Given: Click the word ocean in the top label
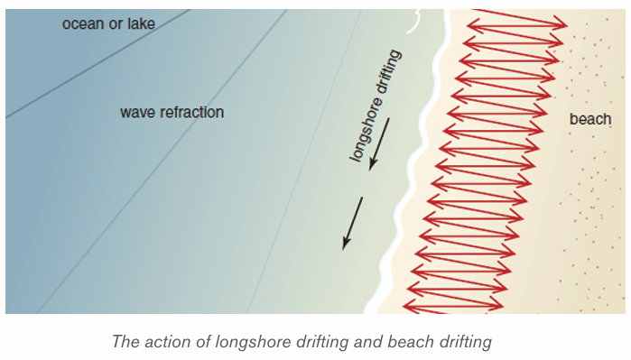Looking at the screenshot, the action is tap(82, 24).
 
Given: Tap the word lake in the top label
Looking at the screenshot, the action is tap(141, 23).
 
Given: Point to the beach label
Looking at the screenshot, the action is tap(590, 119).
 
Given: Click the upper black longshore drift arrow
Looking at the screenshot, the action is tap(379, 143).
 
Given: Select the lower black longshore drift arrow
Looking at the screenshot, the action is tap(353, 223).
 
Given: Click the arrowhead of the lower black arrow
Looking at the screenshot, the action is tap(346, 244).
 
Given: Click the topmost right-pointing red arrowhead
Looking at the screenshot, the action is tap(561, 24).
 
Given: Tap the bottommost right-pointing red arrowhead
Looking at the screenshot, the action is tap(496, 305).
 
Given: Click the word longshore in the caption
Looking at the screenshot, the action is tap(254, 342).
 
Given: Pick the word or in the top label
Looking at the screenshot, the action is tap(116, 25).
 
